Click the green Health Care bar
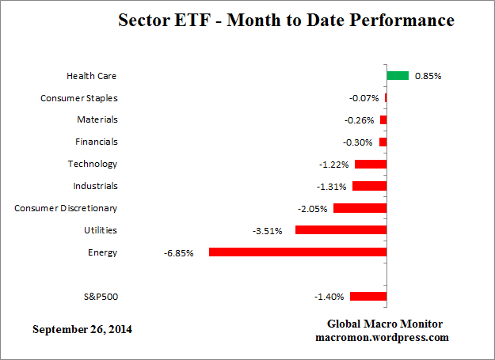pyautogui.click(x=398, y=76)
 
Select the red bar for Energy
pyautogui.click(x=298, y=252)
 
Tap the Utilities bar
pyautogui.click(x=341, y=230)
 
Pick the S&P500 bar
pyautogui.click(x=368, y=297)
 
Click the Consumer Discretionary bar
pyautogui.click(x=360, y=208)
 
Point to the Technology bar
pyautogui.click(x=371, y=164)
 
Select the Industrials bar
pyautogui.click(x=369, y=186)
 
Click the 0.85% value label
pyautogui.click(x=428, y=76)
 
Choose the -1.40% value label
pyautogui.click(x=329, y=297)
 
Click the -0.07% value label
pyautogui.click(x=364, y=98)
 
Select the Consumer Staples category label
pyautogui.click(x=78, y=98)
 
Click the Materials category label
pyautogui.click(x=97, y=119)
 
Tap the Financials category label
pyautogui.click(x=96, y=142)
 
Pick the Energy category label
pyautogui.click(x=103, y=252)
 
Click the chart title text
pyautogui.click(x=286, y=21)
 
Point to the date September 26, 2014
pyautogui.click(x=82, y=328)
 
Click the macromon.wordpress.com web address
pyautogui.click(x=385, y=337)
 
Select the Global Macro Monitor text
pyautogui.click(x=385, y=324)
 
